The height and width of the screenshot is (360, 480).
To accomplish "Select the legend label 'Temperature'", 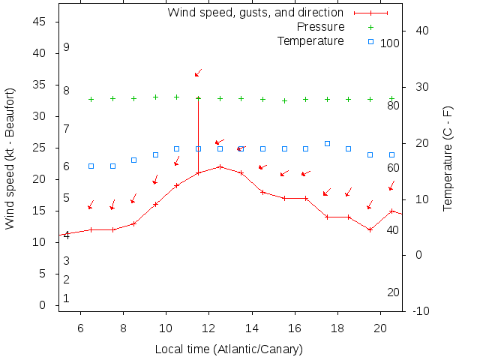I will click(310, 40).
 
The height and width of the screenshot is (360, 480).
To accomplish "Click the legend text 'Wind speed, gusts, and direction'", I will click(256, 13).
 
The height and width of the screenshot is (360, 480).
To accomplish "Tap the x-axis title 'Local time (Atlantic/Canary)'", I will click(229, 349).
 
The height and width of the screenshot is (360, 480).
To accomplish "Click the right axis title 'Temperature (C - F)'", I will click(448, 159).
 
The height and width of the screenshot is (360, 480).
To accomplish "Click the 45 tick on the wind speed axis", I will click(40, 22).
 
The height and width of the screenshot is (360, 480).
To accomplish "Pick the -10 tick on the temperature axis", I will click(420, 311).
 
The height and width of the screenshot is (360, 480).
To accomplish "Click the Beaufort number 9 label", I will click(66, 47).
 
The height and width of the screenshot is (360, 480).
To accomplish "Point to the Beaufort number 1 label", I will click(66, 298).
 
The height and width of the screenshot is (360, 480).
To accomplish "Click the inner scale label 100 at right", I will click(390, 43).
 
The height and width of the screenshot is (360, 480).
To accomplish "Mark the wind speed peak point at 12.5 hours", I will click(220, 166).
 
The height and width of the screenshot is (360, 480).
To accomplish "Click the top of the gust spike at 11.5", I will click(198, 98).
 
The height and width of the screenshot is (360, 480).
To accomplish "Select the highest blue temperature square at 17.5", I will click(327, 143).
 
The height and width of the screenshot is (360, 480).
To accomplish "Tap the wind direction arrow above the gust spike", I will click(198, 73).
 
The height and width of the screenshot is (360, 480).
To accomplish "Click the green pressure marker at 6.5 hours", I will click(91, 99).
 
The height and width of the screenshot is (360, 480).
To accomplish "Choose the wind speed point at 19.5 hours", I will click(370, 229).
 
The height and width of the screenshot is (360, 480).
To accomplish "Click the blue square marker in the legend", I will click(370, 41).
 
